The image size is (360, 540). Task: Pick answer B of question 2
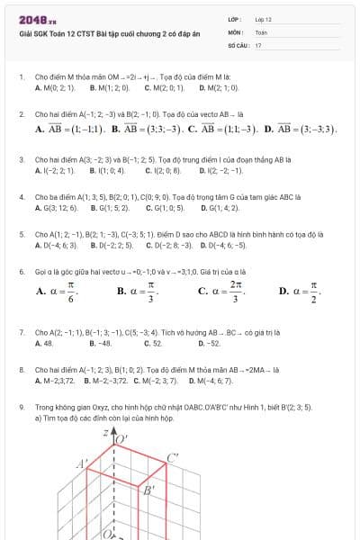[148, 129]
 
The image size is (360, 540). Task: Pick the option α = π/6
[58, 291]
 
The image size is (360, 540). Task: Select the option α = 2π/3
[220, 291]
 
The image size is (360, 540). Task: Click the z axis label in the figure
[104, 433]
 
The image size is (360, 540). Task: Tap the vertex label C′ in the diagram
[172, 458]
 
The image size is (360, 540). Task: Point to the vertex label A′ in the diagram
[82, 463]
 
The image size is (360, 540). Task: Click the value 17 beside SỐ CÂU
[258, 44]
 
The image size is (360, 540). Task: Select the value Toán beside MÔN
[262, 31]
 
